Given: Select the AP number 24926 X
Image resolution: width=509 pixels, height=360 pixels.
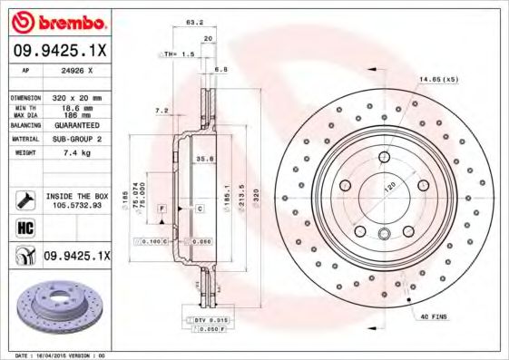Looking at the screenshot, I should coord(76,69).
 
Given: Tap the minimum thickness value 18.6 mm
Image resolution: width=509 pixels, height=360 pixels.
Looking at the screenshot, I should coord(76,107).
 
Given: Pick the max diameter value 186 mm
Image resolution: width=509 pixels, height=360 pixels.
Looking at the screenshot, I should coord(74,115).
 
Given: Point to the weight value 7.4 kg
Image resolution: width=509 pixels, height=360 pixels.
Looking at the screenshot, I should coord(74,153).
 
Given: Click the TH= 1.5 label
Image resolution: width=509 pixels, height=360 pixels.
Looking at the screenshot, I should coord(179,54).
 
